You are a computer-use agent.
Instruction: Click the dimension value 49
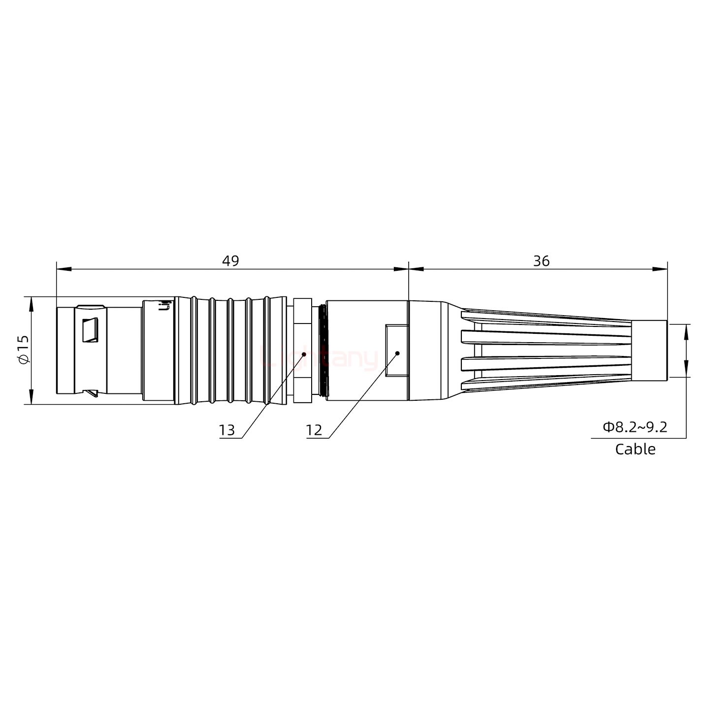pos(230,261)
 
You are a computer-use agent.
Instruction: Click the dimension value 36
pos(541,261)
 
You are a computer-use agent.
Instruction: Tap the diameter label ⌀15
pos(24,350)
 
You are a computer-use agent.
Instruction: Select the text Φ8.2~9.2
pos(635,427)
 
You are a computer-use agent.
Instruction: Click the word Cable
pos(635,449)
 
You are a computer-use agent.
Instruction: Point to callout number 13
pos(227,431)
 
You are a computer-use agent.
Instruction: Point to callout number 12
pos(314,431)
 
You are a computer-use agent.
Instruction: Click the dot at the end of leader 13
pos(304,354)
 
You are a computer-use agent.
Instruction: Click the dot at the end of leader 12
pos(397,353)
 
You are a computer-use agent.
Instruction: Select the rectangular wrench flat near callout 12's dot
pos(397,351)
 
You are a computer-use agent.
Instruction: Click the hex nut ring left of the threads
pos(302,350)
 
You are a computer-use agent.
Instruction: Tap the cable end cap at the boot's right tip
pos(649,350)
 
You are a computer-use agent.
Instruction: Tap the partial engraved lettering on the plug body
pos(166,305)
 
